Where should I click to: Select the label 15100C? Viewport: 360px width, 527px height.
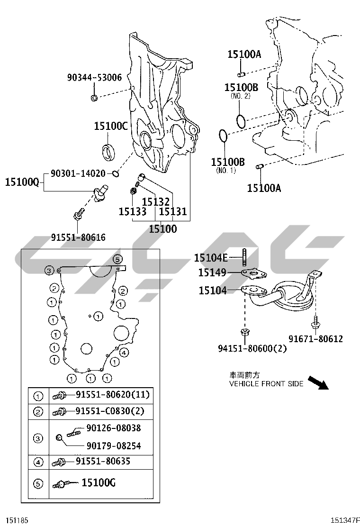pyautogui.click(x=110, y=126)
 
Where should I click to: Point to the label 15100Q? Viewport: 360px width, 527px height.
pyautogui.click(x=22, y=182)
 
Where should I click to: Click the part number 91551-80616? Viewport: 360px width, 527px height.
pyautogui.click(x=78, y=237)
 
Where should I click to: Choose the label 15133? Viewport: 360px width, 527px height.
pyautogui.click(x=132, y=212)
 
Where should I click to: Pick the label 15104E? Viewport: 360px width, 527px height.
pyautogui.click(x=211, y=258)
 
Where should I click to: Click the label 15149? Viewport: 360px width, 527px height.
pyautogui.click(x=212, y=273)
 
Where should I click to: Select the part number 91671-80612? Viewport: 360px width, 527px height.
pyautogui.click(x=315, y=339)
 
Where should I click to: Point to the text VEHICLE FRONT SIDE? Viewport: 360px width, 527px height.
pyautogui.click(x=266, y=384)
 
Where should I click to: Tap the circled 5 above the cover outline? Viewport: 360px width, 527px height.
pyautogui.click(x=117, y=259)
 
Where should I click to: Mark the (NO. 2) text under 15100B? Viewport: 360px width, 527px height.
pyautogui.click(x=240, y=96)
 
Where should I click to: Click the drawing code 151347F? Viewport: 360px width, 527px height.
pyautogui.click(x=345, y=520)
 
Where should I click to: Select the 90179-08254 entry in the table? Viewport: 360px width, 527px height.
pyautogui.click(x=113, y=446)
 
